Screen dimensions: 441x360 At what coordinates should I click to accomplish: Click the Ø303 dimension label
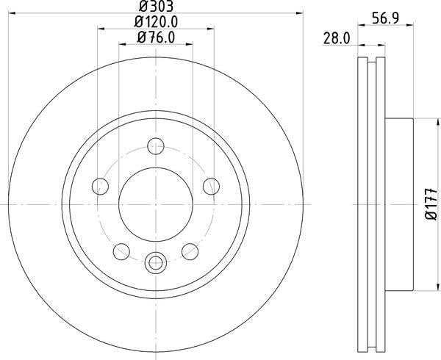[x=156, y=6]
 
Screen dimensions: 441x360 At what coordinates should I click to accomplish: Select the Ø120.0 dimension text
[x=156, y=22]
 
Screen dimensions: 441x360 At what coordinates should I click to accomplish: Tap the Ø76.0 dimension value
[x=156, y=37]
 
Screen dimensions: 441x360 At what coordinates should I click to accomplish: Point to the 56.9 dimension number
[x=386, y=19]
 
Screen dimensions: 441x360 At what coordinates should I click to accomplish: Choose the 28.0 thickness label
[x=337, y=38]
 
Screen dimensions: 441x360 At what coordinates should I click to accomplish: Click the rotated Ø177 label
[x=431, y=204]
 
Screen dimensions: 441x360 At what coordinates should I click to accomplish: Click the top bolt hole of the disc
[x=156, y=146]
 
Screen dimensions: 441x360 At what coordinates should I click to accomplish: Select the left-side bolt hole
[x=100, y=186]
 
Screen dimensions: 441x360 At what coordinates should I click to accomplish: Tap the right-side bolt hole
[x=211, y=186]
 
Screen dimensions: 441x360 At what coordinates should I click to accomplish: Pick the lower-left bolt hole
[x=121, y=251]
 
